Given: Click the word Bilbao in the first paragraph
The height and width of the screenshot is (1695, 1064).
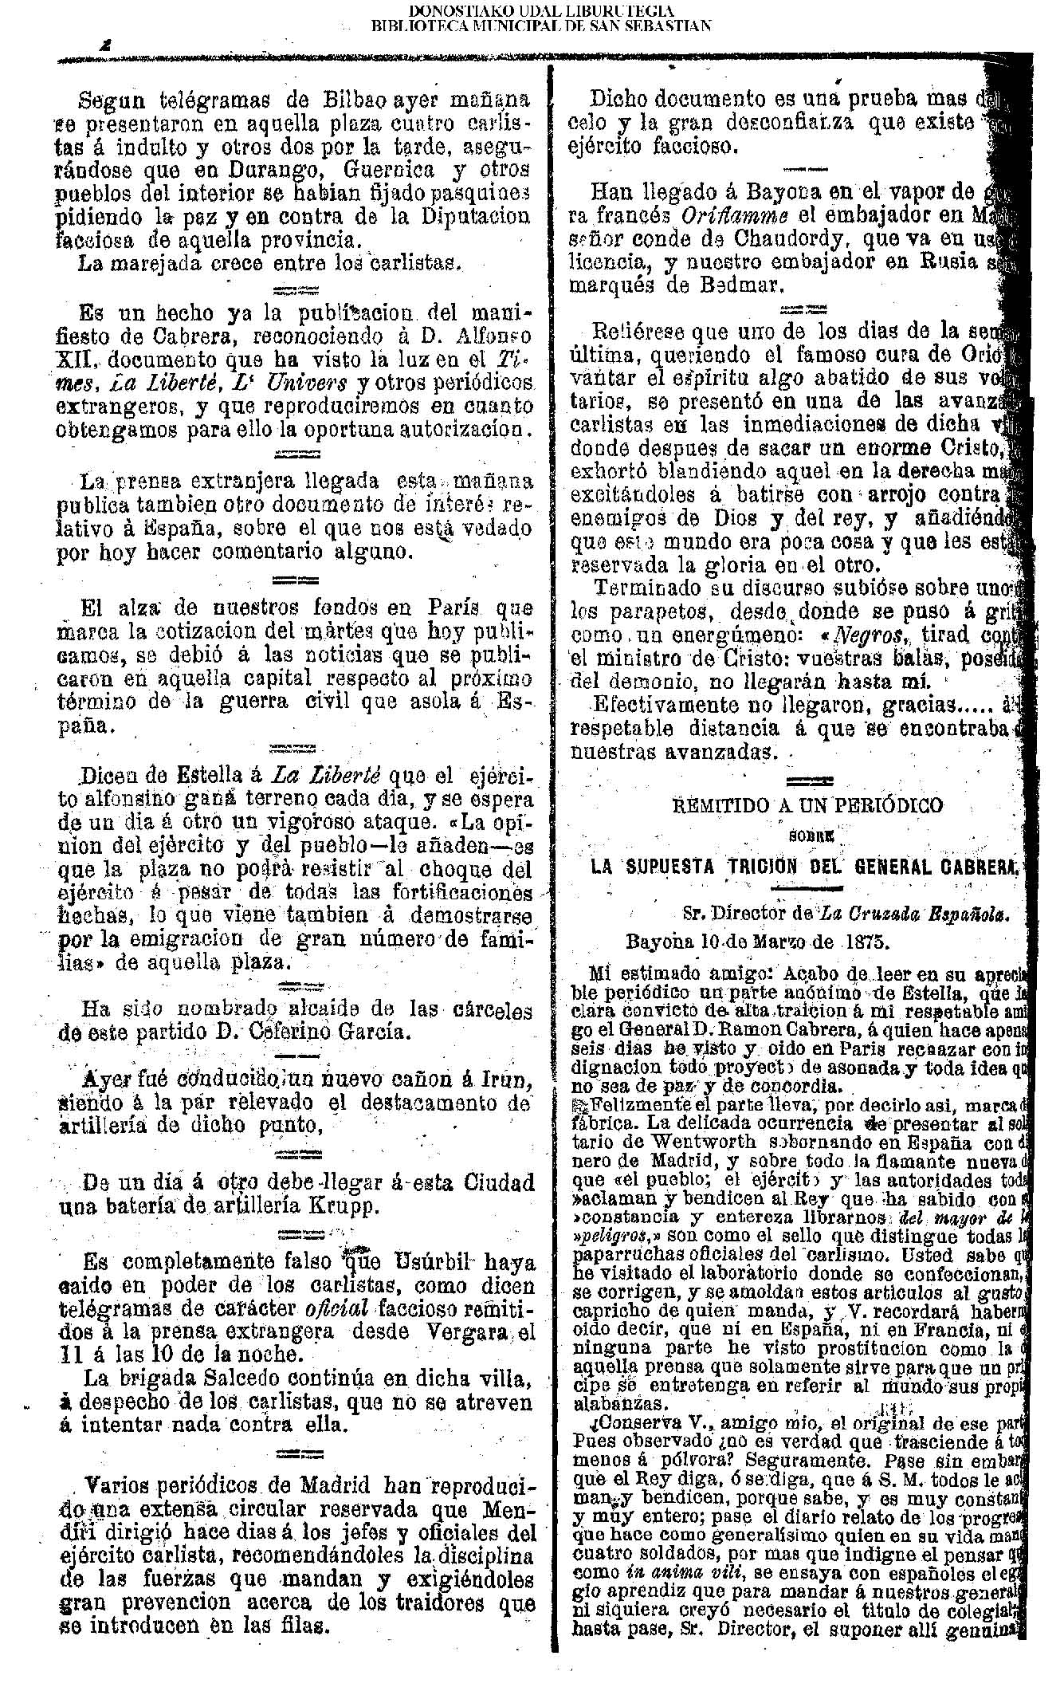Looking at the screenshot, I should pyautogui.click(x=356, y=101).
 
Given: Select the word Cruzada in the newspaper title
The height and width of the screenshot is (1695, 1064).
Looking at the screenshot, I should pyautogui.click(x=877, y=915).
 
